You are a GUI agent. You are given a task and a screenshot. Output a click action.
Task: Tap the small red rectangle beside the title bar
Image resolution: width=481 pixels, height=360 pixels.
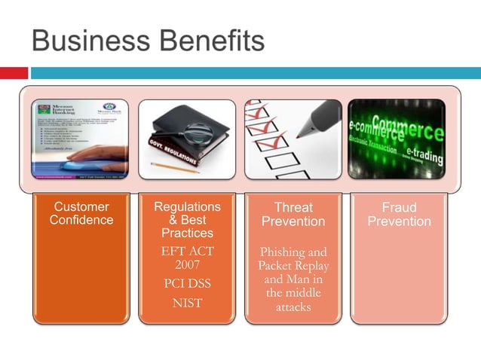(x=14, y=73)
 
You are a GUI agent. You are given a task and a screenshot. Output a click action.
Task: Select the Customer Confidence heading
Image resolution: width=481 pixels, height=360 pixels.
(x=81, y=213)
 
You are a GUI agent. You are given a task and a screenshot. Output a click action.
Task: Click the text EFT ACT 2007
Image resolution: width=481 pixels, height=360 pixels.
(x=187, y=258)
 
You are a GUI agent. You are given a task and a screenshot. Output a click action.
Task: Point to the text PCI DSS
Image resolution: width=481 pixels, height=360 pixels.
(x=187, y=284)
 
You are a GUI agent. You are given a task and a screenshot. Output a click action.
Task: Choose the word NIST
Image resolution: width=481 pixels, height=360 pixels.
(x=187, y=304)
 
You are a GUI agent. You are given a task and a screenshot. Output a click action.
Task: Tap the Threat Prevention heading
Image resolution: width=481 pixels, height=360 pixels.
(x=293, y=214)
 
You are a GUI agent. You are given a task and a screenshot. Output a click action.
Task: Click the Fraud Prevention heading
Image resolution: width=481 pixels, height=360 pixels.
(x=399, y=214)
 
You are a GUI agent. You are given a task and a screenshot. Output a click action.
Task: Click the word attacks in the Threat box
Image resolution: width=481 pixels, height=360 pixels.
(x=293, y=307)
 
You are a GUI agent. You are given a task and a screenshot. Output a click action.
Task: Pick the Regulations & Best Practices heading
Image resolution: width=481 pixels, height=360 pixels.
(x=187, y=219)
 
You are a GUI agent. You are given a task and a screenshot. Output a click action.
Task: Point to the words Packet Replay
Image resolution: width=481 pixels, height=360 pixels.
(x=293, y=266)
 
